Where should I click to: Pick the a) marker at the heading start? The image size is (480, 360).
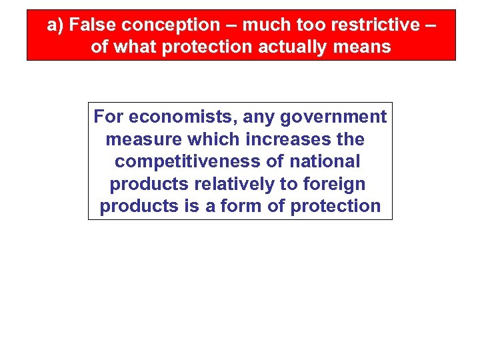55,25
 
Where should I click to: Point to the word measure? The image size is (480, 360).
144,140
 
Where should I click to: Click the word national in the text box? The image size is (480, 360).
325,162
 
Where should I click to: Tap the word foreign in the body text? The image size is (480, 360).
335,184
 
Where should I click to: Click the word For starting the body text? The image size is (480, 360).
109,117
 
